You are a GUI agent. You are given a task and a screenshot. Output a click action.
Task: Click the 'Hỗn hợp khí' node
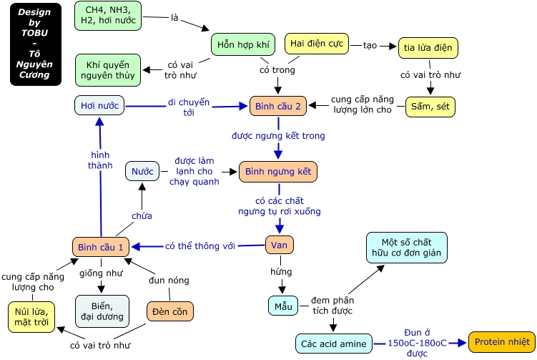pyautogui.click(x=243, y=44)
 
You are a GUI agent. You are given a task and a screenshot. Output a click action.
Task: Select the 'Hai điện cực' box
pyautogui.click(x=317, y=44)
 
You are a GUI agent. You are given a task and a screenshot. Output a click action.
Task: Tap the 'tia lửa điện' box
pyautogui.click(x=428, y=48)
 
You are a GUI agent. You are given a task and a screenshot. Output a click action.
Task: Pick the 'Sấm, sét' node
pyautogui.click(x=430, y=107)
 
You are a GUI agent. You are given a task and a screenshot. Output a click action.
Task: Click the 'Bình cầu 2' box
pyautogui.click(x=277, y=106)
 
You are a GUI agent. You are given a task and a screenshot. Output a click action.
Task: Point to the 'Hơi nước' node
pyautogui.click(x=99, y=105)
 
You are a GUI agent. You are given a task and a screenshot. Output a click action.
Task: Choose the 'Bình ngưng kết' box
pyautogui.click(x=277, y=172)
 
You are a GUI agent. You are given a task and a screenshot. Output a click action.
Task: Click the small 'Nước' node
pyautogui.click(x=142, y=171)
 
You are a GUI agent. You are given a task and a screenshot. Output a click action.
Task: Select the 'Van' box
pyautogui.click(x=279, y=245)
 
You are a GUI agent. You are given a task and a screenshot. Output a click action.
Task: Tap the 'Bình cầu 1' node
pyautogui.click(x=101, y=247)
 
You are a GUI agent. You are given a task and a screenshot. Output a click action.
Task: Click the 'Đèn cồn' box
pyautogui.click(x=170, y=311)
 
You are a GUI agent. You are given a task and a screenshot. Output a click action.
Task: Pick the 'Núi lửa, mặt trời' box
pyautogui.click(x=31, y=317)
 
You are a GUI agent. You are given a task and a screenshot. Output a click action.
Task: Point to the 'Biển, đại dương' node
pyautogui.click(x=102, y=311)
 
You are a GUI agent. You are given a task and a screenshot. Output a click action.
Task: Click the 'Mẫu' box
pyautogui.click(x=283, y=306)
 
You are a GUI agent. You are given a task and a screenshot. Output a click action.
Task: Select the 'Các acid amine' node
pyautogui.click(x=334, y=344)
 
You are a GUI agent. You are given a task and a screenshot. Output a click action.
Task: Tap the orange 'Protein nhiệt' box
pyautogui.click(x=502, y=342)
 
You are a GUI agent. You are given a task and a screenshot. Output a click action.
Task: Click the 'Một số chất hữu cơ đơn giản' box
pyautogui.click(x=407, y=248)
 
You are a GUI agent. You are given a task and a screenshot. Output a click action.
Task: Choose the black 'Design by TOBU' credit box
pyautogui.click(x=36, y=44)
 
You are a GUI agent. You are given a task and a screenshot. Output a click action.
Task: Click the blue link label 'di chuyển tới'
pyautogui.click(x=188, y=107)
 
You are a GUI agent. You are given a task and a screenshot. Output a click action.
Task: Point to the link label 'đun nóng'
pyautogui.click(x=169, y=280)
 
